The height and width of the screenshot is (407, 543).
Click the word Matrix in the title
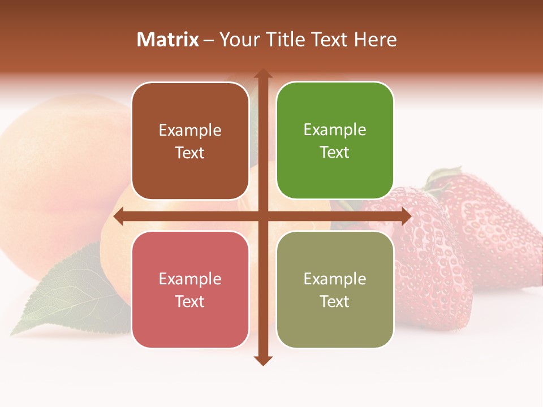pyautogui.click(x=167, y=40)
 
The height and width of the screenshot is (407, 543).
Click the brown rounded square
pyautogui.click(x=190, y=141)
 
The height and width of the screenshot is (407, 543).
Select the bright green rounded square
pyautogui.click(x=335, y=141)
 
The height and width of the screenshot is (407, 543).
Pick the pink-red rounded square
pyautogui.click(x=190, y=290)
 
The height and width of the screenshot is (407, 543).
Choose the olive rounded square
pyautogui.click(x=335, y=290)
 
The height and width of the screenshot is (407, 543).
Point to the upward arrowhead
pyautogui.click(x=262, y=73)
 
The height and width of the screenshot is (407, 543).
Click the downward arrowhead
pyautogui.click(x=262, y=360)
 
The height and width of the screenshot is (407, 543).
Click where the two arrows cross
pyautogui.click(x=262, y=216)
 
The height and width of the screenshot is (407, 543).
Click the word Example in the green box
pyautogui.click(x=335, y=130)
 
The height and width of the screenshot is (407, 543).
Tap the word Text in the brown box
pyautogui.click(x=190, y=153)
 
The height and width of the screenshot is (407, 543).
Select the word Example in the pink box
pyautogui.click(x=190, y=279)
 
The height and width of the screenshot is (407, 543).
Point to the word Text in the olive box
pyautogui.click(x=335, y=302)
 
